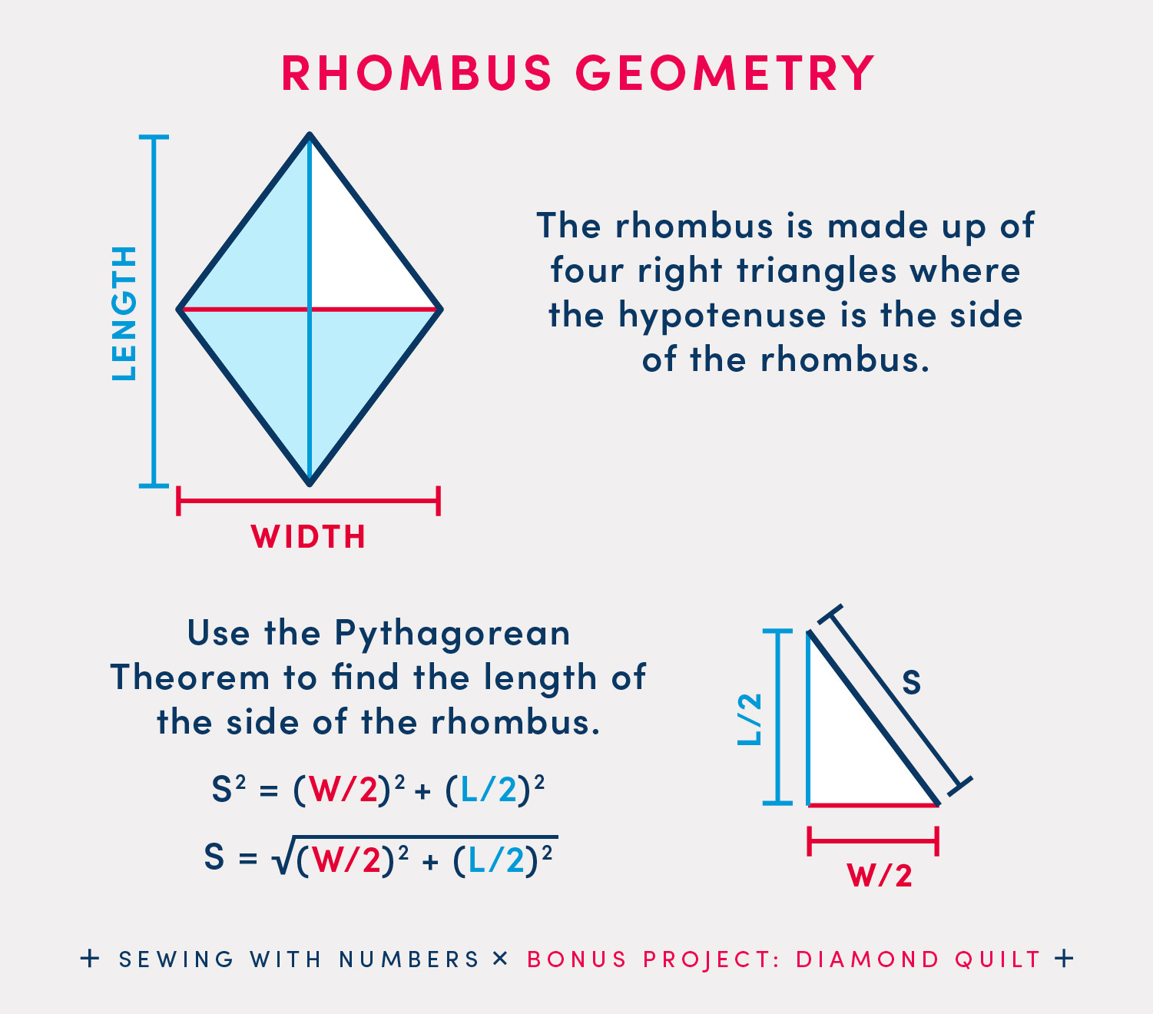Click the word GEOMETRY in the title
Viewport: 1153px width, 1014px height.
pyautogui.click(x=724, y=74)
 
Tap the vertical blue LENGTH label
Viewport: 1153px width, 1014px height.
pyautogui.click(x=124, y=313)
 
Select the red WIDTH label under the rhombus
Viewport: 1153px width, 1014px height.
pyautogui.click(x=308, y=537)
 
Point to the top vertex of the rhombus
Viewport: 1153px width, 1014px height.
pyautogui.click(x=310, y=136)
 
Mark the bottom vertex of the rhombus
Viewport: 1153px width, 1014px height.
pyautogui.click(x=310, y=483)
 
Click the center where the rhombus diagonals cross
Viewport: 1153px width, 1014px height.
pyautogui.click(x=310, y=310)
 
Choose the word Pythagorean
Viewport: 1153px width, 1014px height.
pyautogui.click(x=452, y=634)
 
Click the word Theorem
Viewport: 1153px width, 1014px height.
pyautogui.click(x=191, y=678)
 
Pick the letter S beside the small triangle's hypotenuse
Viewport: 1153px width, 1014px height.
pyautogui.click(x=911, y=682)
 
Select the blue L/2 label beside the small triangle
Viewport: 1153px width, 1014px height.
pyautogui.click(x=750, y=718)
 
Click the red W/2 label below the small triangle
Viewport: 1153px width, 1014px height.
pyautogui.click(x=880, y=876)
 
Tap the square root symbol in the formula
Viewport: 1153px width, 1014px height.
pyautogui.click(x=282, y=859)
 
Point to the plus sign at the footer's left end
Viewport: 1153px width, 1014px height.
pyautogui.click(x=90, y=959)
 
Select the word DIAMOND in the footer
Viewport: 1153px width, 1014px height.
pyautogui.click(x=867, y=959)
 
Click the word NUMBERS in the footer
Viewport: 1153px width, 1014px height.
pyautogui.click(x=409, y=959)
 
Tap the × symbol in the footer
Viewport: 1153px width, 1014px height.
pyautogui.click(x=501, y=959)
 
